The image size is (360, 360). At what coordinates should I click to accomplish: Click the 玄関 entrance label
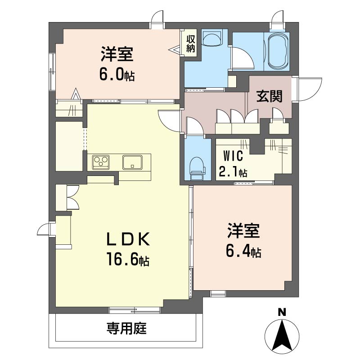tap(269, 96)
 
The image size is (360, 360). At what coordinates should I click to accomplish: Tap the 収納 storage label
tap(190, 44)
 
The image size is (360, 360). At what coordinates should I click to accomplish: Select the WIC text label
tap(233, 156)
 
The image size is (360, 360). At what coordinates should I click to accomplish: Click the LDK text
tap(128, 239)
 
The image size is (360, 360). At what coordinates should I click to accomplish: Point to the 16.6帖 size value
tap(128, 259)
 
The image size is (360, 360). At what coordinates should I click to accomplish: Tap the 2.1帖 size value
tap(233, 171)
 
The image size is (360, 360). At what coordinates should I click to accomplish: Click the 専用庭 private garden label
tap(126, 328)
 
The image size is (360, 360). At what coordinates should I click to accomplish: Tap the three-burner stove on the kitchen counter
tap(101, 162)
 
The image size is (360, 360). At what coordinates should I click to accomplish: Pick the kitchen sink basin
tap(132, 162)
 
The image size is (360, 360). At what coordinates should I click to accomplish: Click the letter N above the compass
tap(282, 312)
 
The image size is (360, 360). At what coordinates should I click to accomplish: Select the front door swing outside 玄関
tap(309, 89)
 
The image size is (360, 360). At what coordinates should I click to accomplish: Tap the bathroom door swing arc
tap(243, 58)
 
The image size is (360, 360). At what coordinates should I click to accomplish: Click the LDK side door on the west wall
tap(44, 229)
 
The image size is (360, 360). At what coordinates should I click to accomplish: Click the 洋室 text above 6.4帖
tap(243, 231)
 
